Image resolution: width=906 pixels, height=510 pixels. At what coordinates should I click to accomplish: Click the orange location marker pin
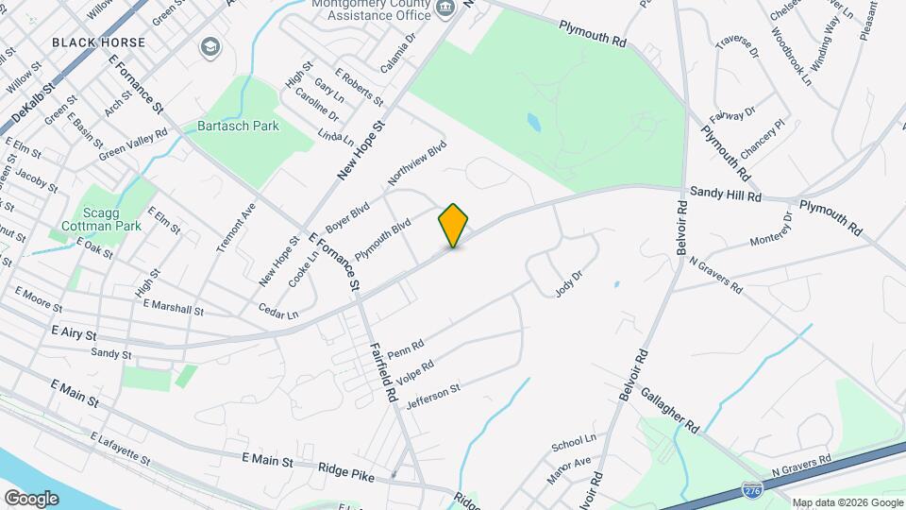click(454, 226)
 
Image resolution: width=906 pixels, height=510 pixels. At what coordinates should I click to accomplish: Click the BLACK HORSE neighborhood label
click(99, 42)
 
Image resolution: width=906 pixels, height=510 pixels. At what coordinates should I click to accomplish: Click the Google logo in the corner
click(31, 498)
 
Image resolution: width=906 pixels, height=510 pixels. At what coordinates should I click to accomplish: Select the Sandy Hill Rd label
click(725, 192)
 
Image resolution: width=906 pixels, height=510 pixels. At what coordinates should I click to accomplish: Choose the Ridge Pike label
click(345, 470)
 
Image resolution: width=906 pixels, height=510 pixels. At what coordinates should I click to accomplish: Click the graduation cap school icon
click(209, 46)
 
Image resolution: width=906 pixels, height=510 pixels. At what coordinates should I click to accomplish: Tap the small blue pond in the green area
click(534, 122)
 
